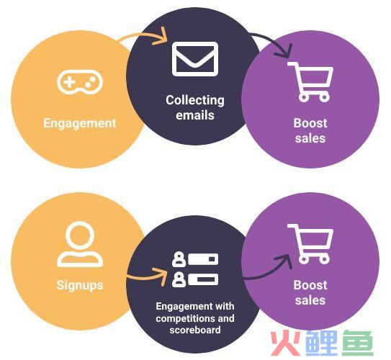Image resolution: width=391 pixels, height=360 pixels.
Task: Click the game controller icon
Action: pos(80,82)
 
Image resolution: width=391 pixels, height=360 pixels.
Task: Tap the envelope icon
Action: pos(195,59)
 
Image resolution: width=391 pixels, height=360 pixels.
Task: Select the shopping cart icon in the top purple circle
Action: pos(310,82)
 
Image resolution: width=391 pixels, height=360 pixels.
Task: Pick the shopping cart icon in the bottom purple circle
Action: pos(310,244)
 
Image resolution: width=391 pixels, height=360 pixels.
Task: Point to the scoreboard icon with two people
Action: pos(195,269)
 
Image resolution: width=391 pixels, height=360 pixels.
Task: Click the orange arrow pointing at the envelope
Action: pos(142,35)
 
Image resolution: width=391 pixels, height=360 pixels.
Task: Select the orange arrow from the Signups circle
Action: pos(147,276)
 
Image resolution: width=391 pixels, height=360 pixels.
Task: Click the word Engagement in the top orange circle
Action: pos(80,123)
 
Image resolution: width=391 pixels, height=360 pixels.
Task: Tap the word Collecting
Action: pos(195,100)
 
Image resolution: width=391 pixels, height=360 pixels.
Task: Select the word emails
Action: pos(195,115)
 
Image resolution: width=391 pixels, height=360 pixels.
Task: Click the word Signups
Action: pos(80,285)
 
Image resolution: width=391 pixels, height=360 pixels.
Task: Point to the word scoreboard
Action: pos(195,330)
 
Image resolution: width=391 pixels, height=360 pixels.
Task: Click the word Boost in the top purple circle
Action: pos(310,123)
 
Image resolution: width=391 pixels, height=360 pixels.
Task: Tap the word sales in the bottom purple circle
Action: pos(310,300)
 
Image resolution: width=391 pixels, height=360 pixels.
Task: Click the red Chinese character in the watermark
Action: pos(286,343)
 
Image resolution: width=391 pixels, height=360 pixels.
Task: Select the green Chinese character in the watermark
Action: pos(358,343)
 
